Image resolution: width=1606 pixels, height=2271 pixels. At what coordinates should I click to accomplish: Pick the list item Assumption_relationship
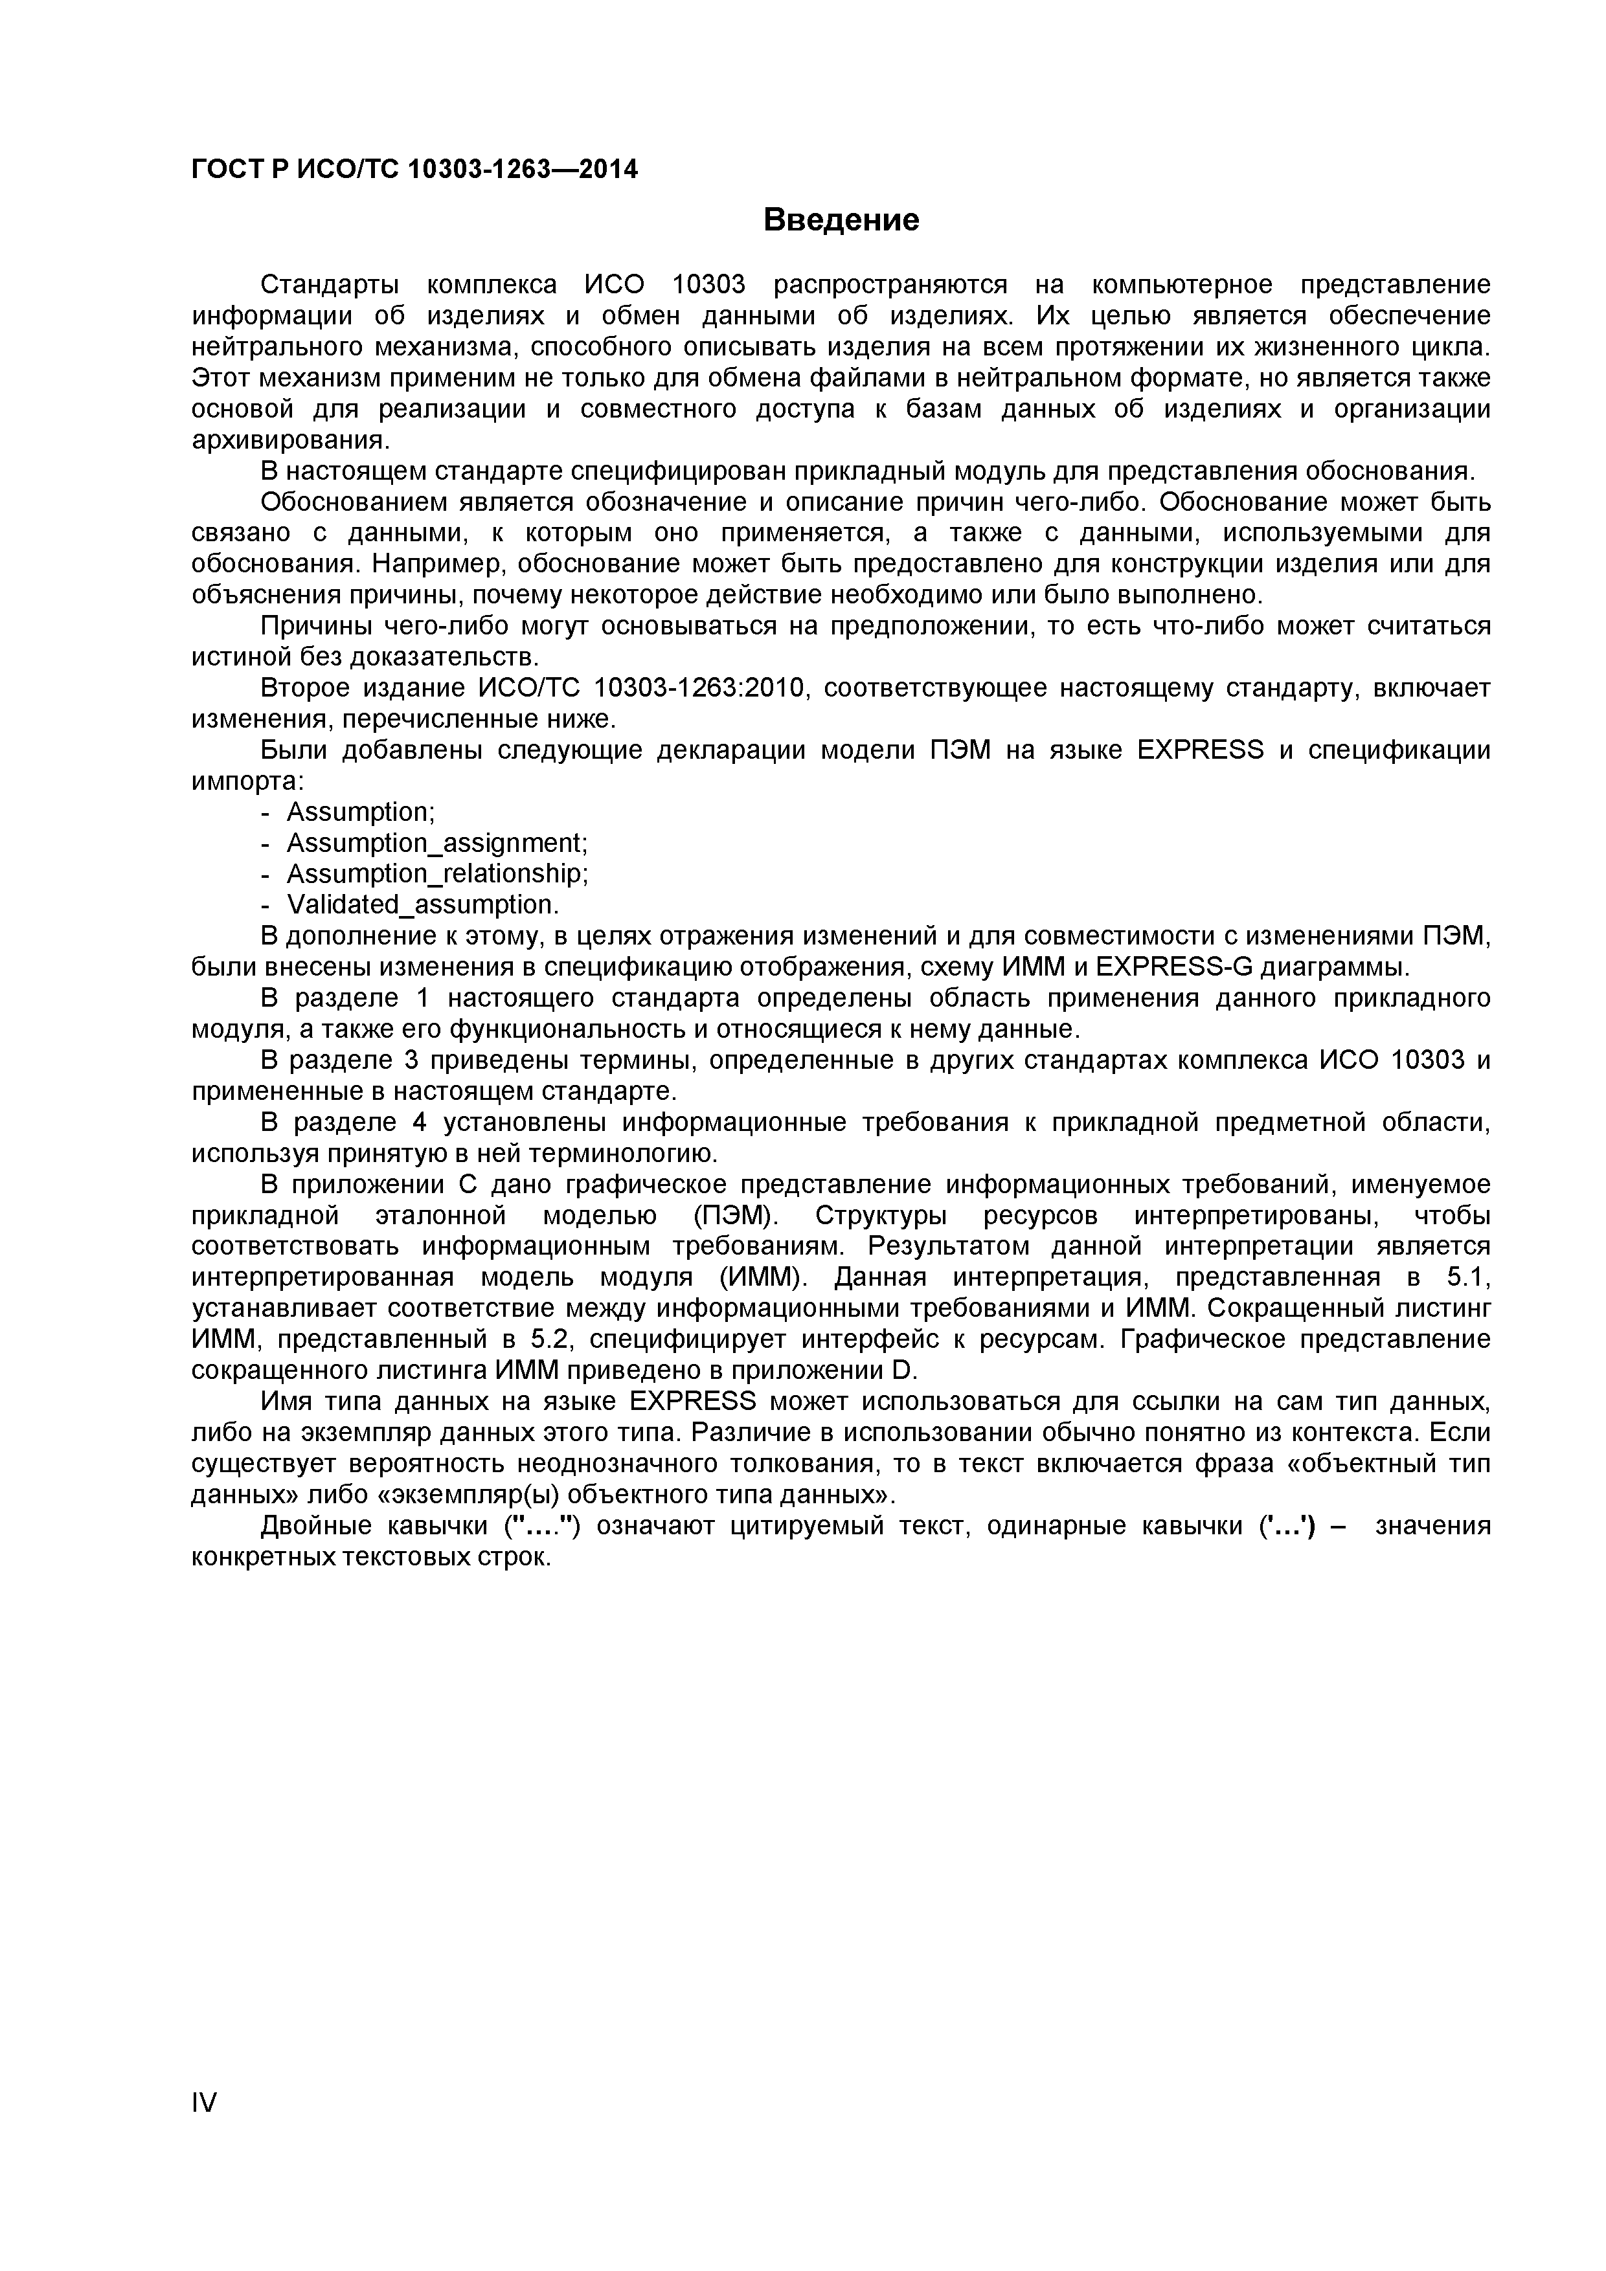[x=436, y=873]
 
